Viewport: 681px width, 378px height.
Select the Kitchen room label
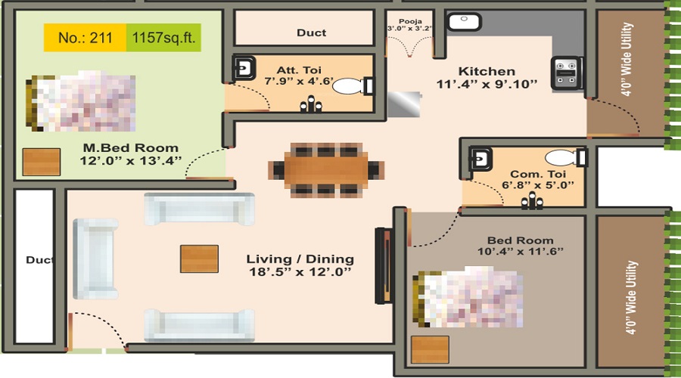click(487, 71)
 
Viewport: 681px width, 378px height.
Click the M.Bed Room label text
click(131, 147)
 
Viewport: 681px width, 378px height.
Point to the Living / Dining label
click(300, 259)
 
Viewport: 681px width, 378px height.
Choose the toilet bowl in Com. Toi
click(561, 159)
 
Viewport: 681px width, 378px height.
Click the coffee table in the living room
click(199, 259)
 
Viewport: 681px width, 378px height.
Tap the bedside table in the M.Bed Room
click(41, 162)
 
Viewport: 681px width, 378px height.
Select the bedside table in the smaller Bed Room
click(430, 350)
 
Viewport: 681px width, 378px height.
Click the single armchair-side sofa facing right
click(95, 259)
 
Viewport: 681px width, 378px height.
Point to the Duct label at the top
click(311, 33)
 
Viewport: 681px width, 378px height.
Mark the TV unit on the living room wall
click(383, 265)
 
